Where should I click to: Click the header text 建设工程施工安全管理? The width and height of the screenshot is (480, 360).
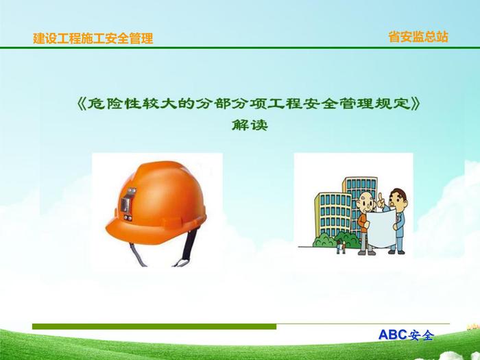tap(93, 38)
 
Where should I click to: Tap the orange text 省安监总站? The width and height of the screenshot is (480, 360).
tap(418, 37)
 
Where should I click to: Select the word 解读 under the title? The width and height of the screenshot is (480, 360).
tap(250, 125)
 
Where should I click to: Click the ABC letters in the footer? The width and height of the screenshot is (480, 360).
tap(393, 335)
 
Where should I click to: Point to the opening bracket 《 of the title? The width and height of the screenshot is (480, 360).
tap(82, 104)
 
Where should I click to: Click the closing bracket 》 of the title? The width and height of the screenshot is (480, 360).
tap(415, 104)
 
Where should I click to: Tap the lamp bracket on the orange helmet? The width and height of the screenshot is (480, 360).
tap(128, 204)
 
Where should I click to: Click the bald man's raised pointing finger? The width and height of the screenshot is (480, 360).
tap(381, 197)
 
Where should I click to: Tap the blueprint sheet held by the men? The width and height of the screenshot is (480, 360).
tap(382, 228)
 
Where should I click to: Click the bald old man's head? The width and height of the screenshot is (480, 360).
tap(365, 201)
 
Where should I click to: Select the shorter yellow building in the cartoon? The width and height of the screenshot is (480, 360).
tap(333, 215)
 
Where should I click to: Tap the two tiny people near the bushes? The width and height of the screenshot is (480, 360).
tap(341, 247)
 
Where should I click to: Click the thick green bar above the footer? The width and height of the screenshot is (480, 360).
tap(154, 326)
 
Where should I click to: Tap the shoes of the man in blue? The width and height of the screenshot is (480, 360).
tap(397, 252)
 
